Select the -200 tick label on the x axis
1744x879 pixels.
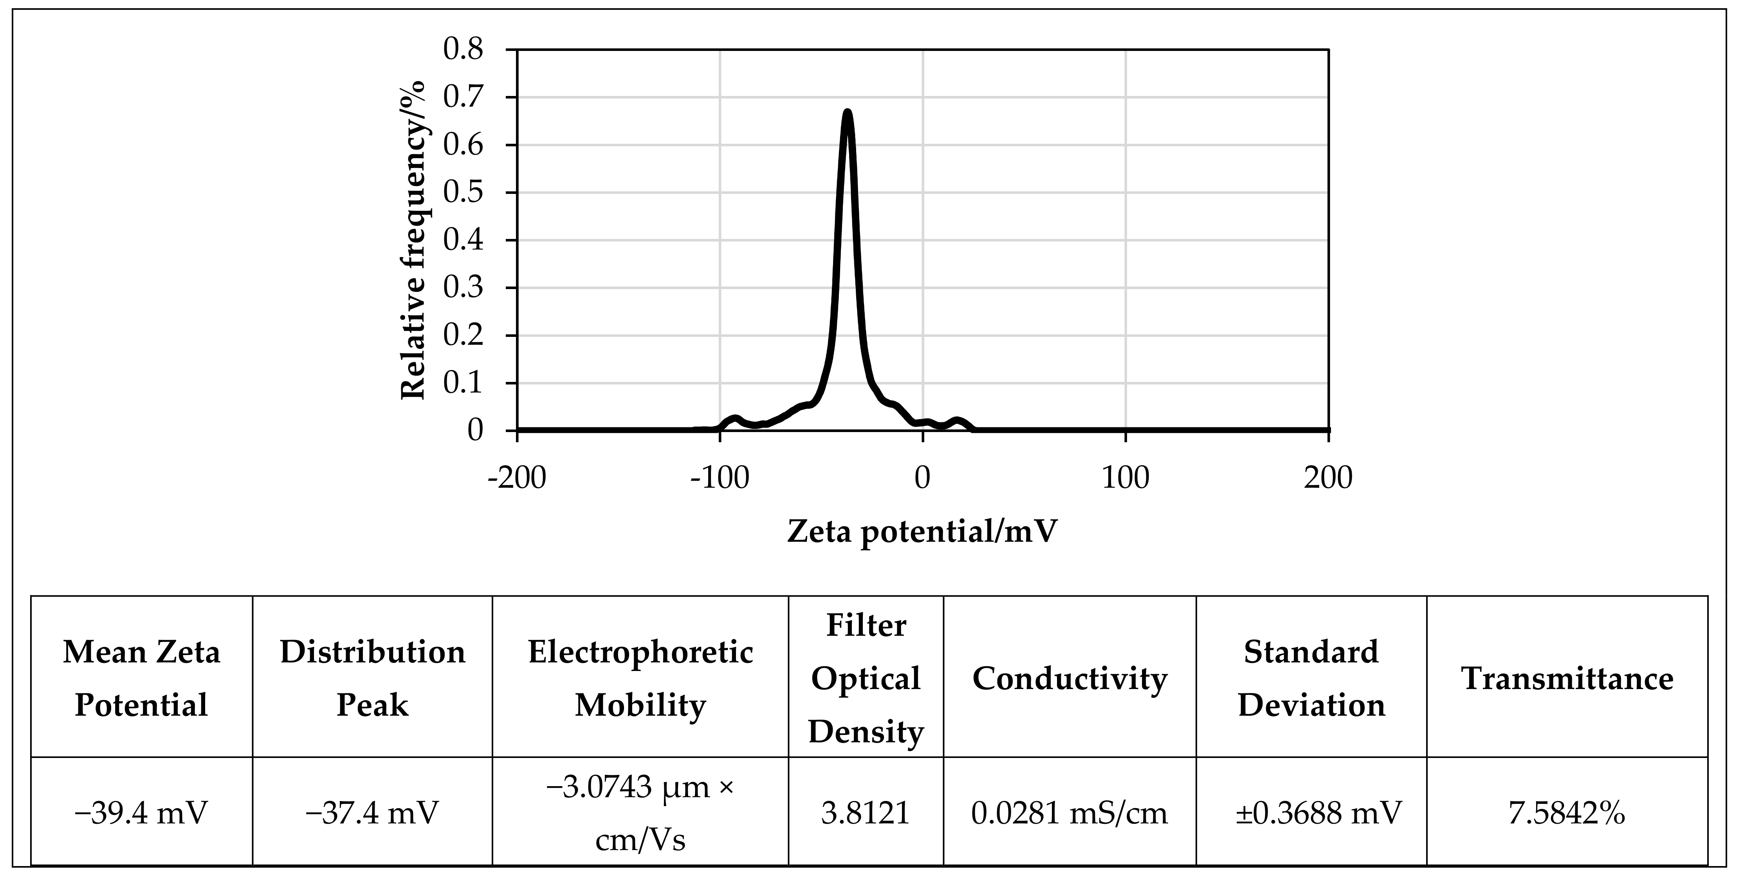pyautogui.click(x=517, y=478)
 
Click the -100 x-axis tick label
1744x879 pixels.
pyautogui.click(x=720, y=478)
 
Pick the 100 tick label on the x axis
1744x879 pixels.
pyautogui.click(x=1125, y=478)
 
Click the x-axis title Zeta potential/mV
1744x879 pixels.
pyautogui.click(x=922, y=532)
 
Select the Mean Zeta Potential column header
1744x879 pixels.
pyautogui.click(x=141, y=678)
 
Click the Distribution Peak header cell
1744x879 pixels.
pyautogui.click(x=372, y=678)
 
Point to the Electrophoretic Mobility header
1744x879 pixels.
pyautogui.click(x=640, y=678)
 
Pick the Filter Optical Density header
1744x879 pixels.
pyautogui.click(x=866, y=678)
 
